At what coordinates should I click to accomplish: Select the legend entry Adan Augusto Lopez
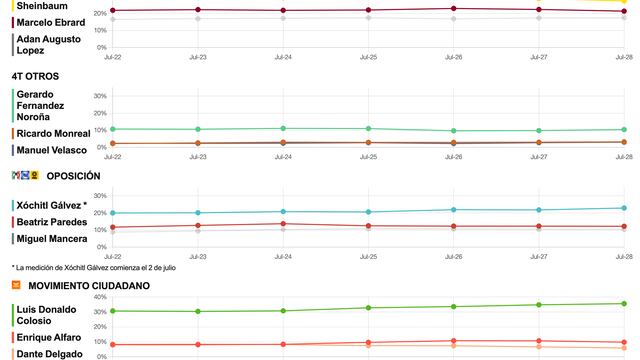click(x=46, y=44)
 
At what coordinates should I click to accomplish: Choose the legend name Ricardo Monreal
click(x=53, y=133)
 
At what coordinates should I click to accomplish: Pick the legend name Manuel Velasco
click(x=51, y=150)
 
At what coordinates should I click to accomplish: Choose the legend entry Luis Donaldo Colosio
click(x=46, y=316)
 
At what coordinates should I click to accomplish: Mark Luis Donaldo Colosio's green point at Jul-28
click(x=624, y=304)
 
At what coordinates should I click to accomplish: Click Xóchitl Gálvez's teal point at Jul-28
click(x=624, y=208)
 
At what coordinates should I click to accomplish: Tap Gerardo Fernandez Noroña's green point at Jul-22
click(x=113, y=129)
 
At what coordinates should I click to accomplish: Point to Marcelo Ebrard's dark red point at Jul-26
click(x=454, y=8)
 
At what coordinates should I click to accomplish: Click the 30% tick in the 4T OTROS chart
click(x=99, y=96)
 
